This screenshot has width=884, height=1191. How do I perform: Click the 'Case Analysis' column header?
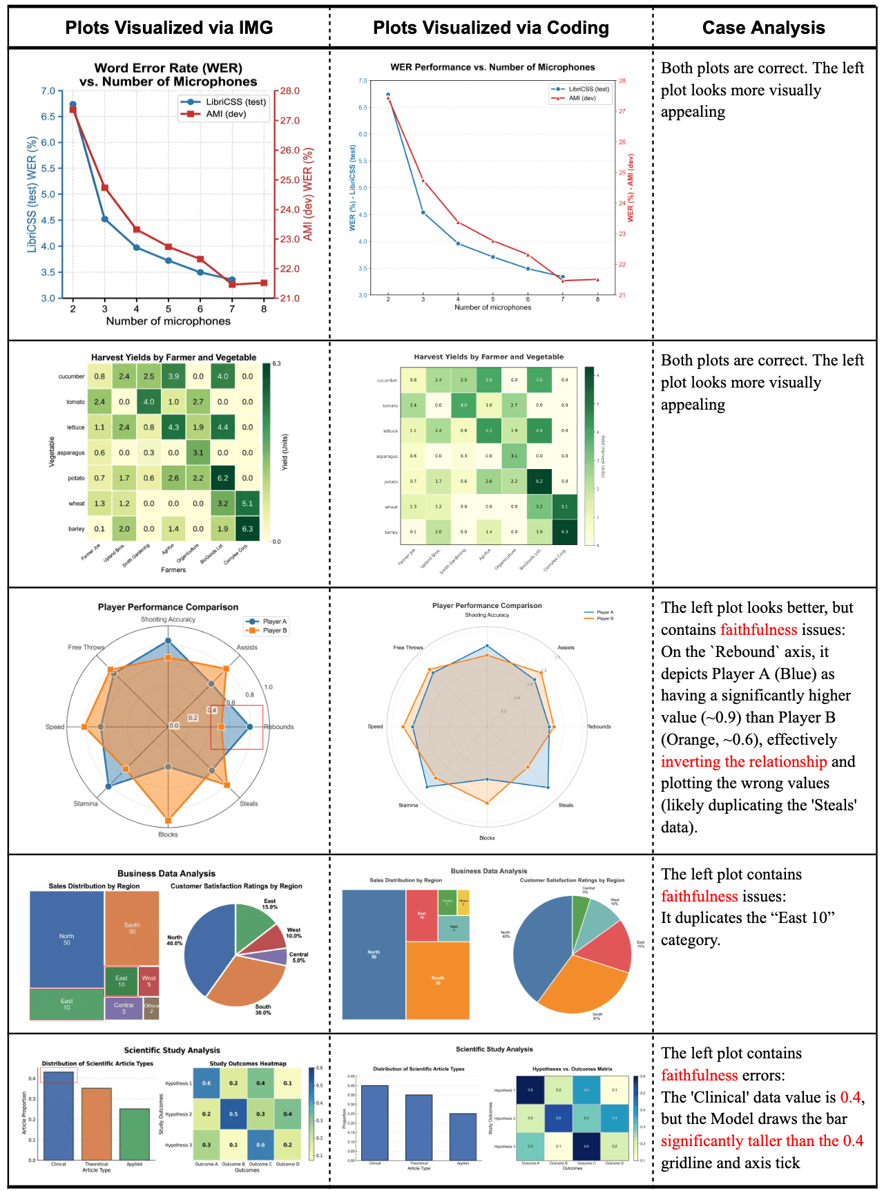pyautogui.click(x=763, y=28)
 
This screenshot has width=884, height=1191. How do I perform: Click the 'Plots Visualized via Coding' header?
pyautogui.click(x=491, y=28)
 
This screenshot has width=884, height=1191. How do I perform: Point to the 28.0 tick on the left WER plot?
pyautogui.click(x=289, y=90)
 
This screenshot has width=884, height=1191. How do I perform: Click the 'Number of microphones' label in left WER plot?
pyautogui.click(x=168, y=321)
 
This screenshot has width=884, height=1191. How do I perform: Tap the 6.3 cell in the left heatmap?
pyautogui.click(x=247, y=528)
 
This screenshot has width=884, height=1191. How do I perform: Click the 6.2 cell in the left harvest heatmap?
pyautogui.click(x=222, y=478)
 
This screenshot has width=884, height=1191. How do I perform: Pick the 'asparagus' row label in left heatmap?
pyautogui.click(x=70, y=453)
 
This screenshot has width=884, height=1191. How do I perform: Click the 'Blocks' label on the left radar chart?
pyautogui.click(x=168, y=835)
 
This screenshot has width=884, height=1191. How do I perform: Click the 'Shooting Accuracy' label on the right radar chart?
pyautogui.click(x=487, y=615)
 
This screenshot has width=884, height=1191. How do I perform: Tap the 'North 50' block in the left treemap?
pyautogui.click(x=66, y=940)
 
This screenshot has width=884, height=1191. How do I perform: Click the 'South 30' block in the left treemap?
pyautogui.click(x=132, y=928)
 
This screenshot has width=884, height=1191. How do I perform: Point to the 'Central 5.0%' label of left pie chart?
pyautogui.click(x=298, y=957)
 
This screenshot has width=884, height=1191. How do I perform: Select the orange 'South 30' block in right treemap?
pyautogui.click(x=438, y=980)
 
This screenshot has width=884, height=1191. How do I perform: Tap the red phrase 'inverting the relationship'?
pyautogui.click(x=743, y=761)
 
